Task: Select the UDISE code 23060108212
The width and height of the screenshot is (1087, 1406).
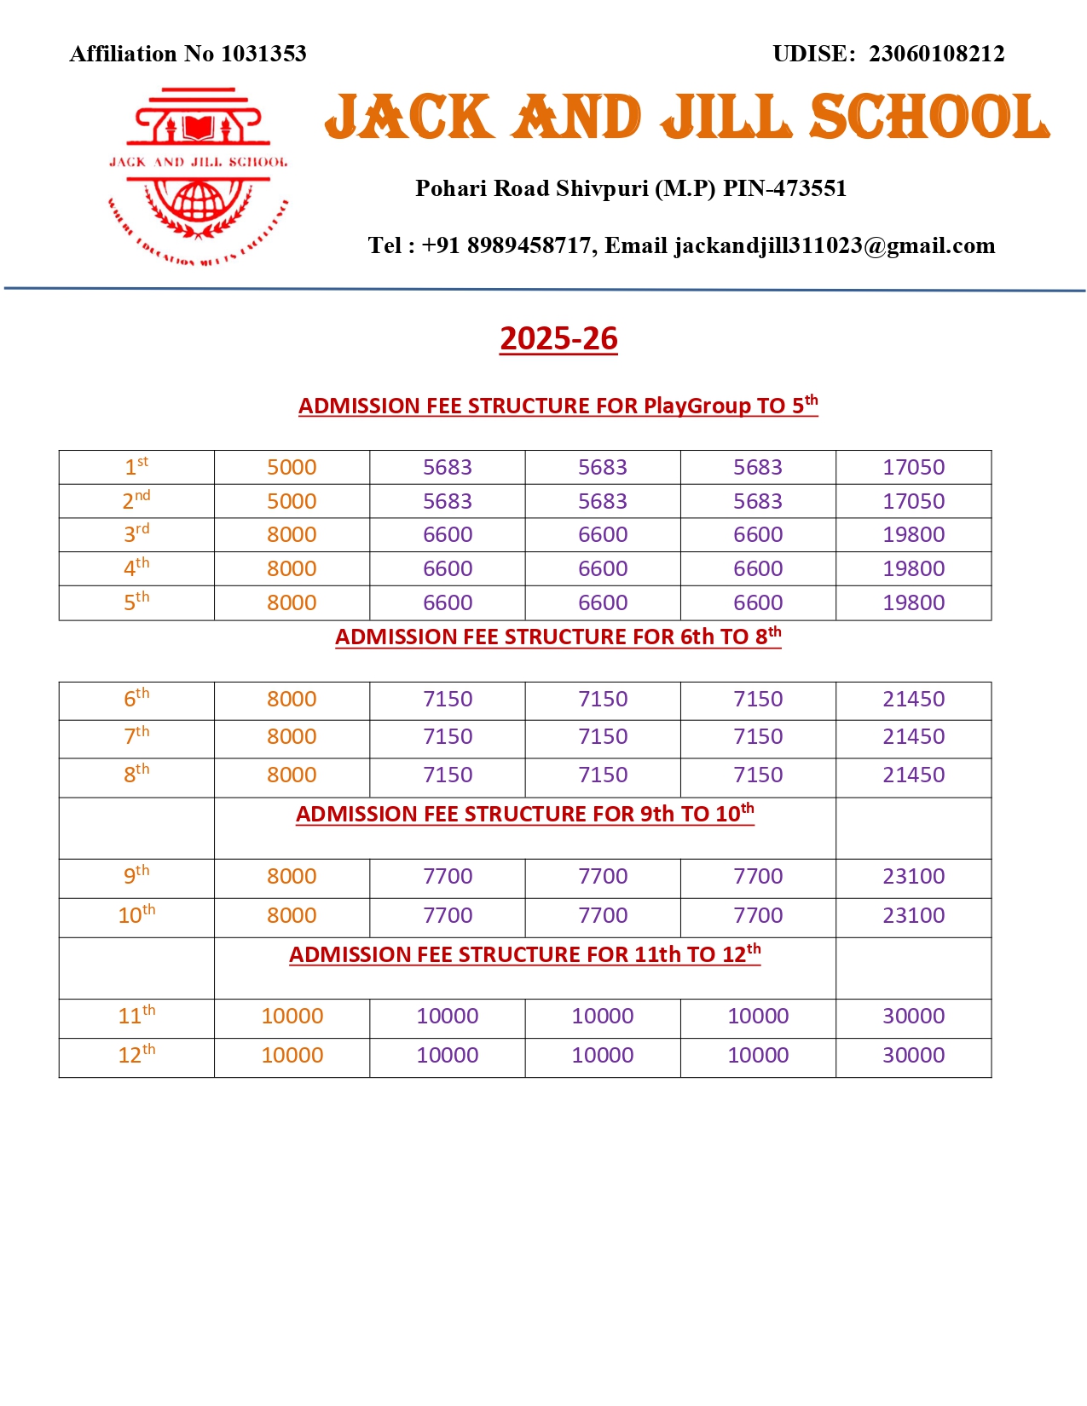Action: (936, 54)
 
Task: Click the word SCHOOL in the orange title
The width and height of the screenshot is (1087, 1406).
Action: (929, 117)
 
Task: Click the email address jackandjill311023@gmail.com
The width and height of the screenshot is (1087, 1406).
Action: (835, 245)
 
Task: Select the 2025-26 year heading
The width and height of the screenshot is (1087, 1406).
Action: (558, 338)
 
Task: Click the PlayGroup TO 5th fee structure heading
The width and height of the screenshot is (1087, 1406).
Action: (558, 405)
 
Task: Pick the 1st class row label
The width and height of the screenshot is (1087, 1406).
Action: (136, 467)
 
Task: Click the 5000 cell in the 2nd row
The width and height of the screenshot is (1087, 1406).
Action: (292, 501)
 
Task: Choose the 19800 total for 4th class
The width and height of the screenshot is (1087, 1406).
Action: (913, 568)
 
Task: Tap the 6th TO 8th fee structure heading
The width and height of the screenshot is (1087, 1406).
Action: (558, 637)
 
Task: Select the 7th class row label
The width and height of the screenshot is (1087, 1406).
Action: (136, 736)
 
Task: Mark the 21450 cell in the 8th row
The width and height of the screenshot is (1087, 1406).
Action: (913, 775)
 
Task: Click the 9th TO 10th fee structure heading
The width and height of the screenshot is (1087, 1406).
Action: (525, 814)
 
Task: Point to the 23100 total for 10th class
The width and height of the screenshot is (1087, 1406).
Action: (913, 915)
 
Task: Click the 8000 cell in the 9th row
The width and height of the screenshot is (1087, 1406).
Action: (292, 876)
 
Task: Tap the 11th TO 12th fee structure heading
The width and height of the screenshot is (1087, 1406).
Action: (525, 954)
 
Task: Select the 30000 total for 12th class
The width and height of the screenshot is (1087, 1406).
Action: (913, 1055)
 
